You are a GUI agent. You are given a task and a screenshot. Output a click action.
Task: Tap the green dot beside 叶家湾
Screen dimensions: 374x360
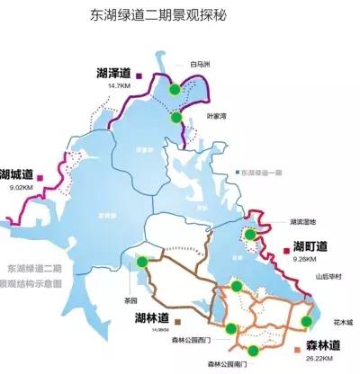[176, 117]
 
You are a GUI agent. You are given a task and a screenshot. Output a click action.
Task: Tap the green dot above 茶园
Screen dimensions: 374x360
[140, 262]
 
